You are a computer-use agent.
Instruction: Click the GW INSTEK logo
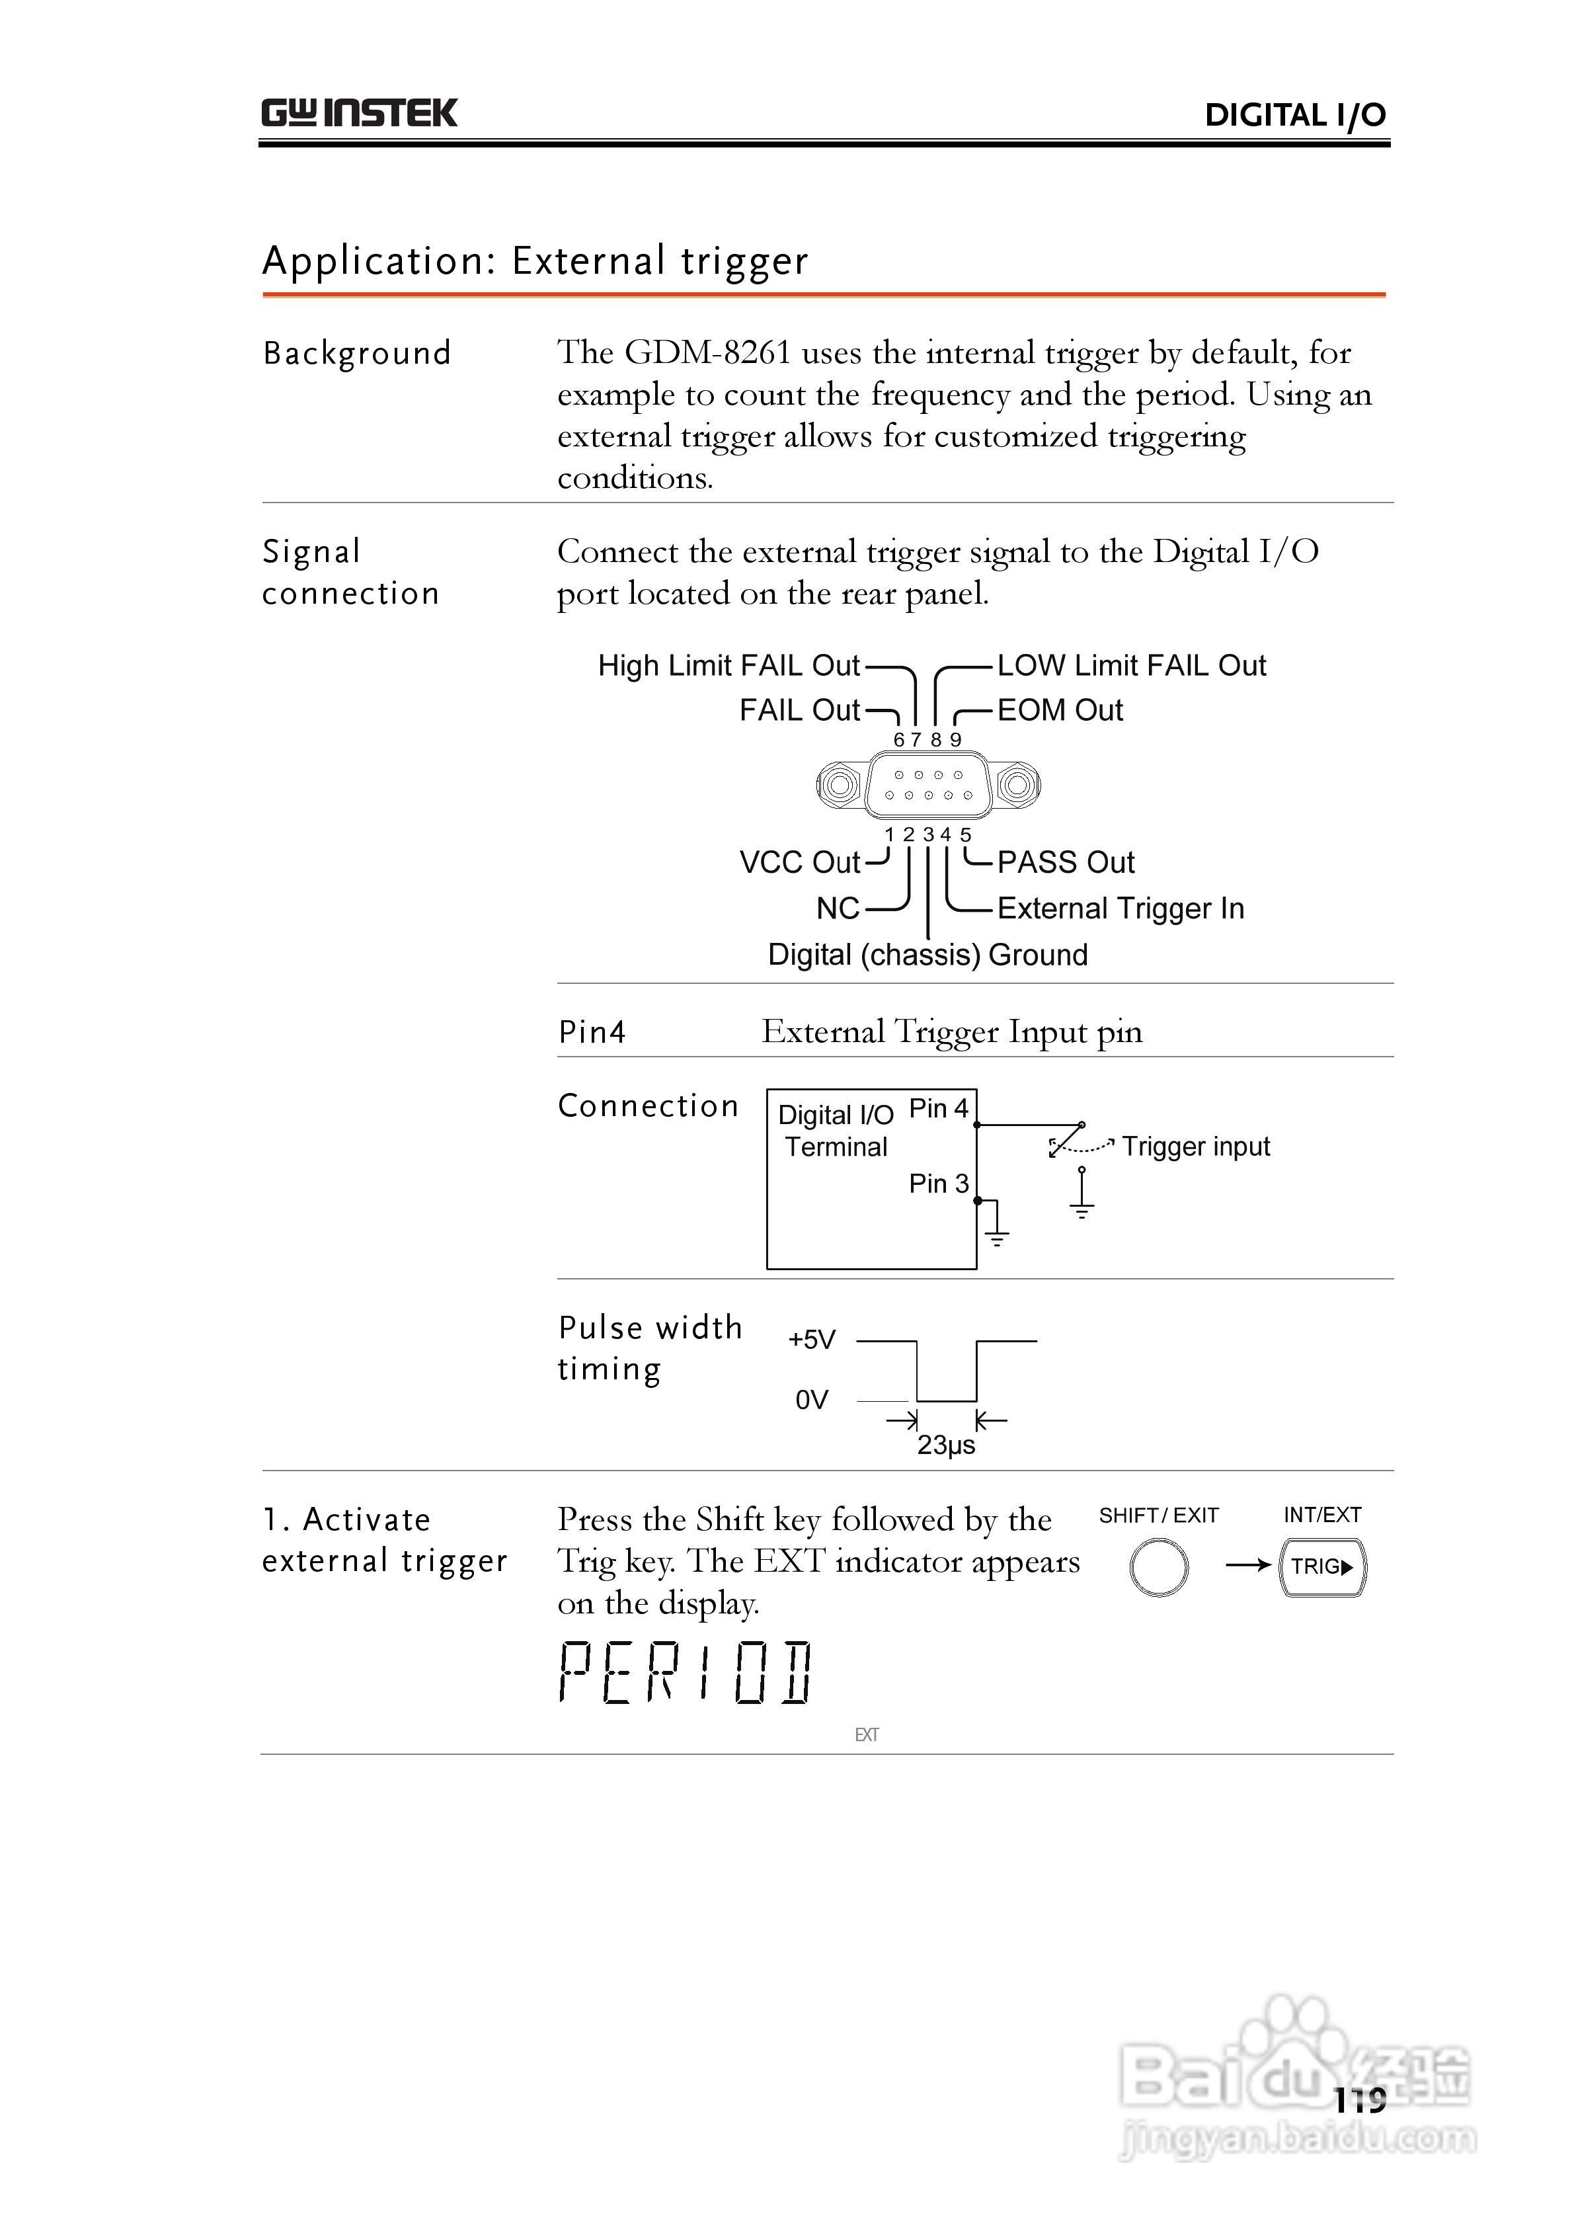pyautogui.click(x=359, y=114)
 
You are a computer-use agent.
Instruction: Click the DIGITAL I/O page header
pyautogui.click(x=1294, y=116)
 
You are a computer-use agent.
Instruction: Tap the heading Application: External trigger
pyautogui.click(x=535, y=261)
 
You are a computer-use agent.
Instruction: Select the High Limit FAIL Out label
pyautogui.click(x=728, y=665)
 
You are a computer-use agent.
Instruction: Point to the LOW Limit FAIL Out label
pyautogui.click(x=1131, y=665)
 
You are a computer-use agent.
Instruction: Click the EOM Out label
pyautogui.click(x=1059, y=710)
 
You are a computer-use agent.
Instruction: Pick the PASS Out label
pyautogui.click(x=1065, y=862)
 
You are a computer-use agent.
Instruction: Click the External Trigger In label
pyautogui.click(x=1120, y=909)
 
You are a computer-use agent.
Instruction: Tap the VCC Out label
pyautogui.click(x=799, y=862)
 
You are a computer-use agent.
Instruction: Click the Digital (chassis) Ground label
pyautogui.click(x=927, y=954)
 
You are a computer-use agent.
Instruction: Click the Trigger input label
pyautogui.click(x=1196, y=1147)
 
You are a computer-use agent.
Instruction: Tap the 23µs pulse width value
pyautogui.click(x=945, y=1445)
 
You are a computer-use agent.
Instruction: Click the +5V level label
pyautogui.click(x=812, y=1340)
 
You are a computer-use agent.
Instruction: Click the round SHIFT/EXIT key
pyautogui.click(x=1158, y=1568)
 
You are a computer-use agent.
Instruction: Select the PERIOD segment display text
pyautogui.click(x=685, y=1672)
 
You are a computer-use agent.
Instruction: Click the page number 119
pyautogui.click(x=1360, y=2101)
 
